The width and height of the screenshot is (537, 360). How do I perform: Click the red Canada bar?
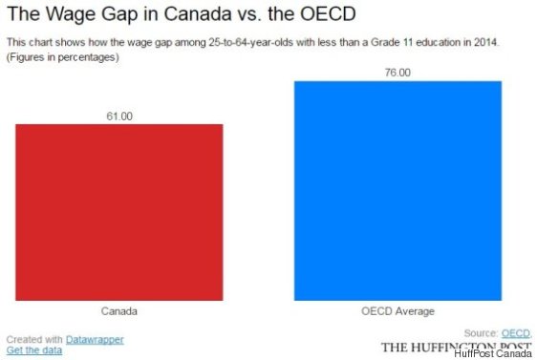click(x=119, y=211)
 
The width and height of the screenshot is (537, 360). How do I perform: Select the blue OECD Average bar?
click(x=397, y=190)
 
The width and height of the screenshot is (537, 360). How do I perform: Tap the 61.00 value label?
click(x=119, y=116)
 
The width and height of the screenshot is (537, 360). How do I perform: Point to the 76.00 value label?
click(x=397, y=74)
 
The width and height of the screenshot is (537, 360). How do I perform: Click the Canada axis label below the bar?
click(x=119, y=311)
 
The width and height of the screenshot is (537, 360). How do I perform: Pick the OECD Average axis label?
click(x=397, y=311)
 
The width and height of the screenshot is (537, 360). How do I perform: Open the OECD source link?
click(x=516, y=332)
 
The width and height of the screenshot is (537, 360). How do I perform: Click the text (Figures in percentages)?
click(x=62, y=57)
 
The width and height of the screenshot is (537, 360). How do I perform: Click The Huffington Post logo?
click(x=456, y=346)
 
